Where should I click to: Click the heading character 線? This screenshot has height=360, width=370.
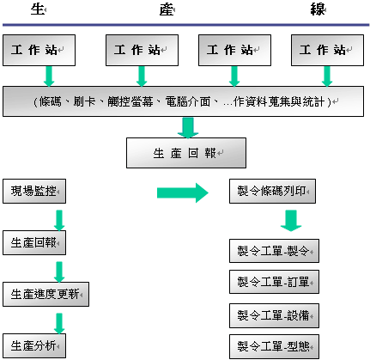[318, 9]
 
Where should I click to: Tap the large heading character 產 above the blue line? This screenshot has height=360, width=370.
[167, 9]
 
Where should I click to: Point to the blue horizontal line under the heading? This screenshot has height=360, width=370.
[186, 25]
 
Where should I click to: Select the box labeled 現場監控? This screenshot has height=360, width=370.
[34, 192]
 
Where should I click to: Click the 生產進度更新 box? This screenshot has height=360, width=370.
[45, 294]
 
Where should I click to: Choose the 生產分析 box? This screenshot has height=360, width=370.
[34, 345]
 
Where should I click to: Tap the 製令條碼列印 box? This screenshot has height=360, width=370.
[272, 192]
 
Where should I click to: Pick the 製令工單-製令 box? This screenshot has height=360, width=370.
[274, 251]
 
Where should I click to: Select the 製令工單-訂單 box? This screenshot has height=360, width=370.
[274, 282]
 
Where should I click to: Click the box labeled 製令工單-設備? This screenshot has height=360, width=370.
[274, 315]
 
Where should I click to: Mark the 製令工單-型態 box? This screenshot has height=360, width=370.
[274, 346]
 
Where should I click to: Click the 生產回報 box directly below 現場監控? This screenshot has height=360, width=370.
[34, 243]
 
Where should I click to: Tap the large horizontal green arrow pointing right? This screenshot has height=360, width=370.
[183, 193]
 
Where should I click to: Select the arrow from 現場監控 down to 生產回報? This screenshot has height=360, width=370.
[59, 221]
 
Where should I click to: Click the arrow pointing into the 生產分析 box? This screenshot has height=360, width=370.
[59, 324]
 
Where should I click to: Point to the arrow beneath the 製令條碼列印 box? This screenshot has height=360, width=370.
[291, 221]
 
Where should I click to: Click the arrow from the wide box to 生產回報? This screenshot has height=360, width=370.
[188, 128]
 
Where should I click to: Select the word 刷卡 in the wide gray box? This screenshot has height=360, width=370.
[84, 101]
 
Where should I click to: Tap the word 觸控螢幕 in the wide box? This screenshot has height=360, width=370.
[130, 101]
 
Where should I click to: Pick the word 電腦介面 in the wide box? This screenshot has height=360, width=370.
[188, 101]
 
